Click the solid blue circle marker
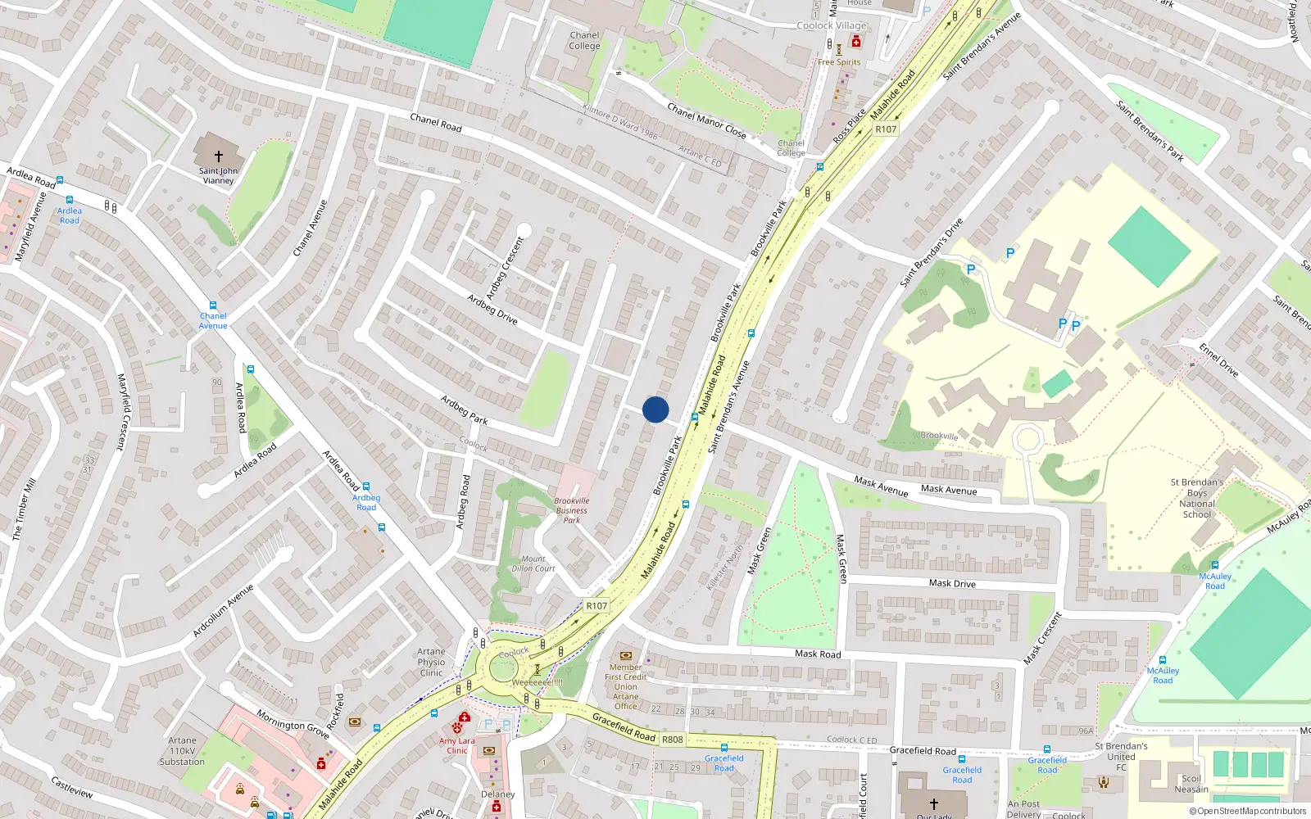pos(655,409)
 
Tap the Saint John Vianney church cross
pos(219,156)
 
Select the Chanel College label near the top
pos(584,41)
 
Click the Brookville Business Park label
pos(571,510)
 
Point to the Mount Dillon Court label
pos(533,563)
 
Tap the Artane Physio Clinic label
pos(431,663)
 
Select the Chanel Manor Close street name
pos(706,120)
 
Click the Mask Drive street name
pos(952,583)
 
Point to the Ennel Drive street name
pos(1218,360)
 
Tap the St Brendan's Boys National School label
pos(1196,498)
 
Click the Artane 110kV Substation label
pos(182,751)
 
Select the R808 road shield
pos(672,740)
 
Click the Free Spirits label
pos(839,62)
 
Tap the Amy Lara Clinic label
pos(456,745)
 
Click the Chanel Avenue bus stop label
pos(213,320)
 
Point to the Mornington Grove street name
pos(293,724)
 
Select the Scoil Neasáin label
pos(1191,784)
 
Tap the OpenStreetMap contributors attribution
pos(1248,811)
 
